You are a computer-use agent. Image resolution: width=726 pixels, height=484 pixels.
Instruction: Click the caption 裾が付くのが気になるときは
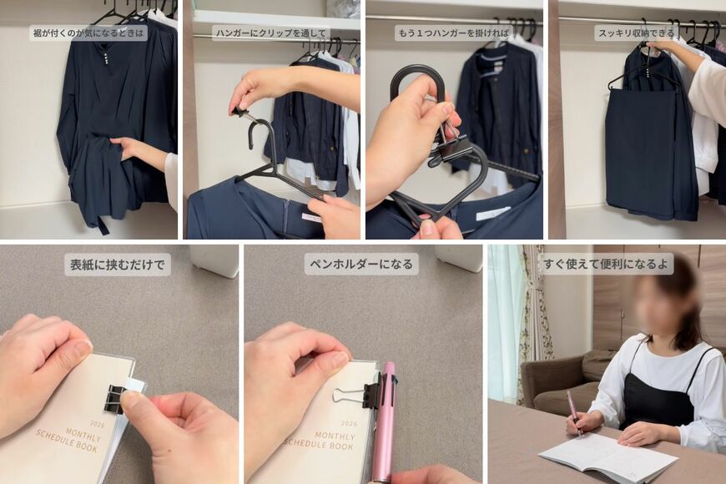click(x=88, y=33)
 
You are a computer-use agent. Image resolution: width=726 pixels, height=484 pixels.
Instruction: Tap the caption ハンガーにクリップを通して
click(x=270, y=33)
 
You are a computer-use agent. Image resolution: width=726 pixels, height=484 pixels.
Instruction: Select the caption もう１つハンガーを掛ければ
click(x=453, y=33)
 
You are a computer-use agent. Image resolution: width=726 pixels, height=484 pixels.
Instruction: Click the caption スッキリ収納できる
click(x=635, y=33)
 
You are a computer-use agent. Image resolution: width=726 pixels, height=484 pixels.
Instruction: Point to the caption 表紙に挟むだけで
click(x=118, y=265)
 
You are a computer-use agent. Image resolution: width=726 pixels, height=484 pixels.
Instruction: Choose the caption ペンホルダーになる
click(x=360, y=265)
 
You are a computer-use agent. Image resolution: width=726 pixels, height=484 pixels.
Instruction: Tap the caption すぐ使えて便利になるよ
click(x=607, y=265)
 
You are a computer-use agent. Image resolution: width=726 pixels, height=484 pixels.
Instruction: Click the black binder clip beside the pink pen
click(x=371, y=391)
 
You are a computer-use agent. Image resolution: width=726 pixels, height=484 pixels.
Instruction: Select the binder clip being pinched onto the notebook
click(x=115, y=398)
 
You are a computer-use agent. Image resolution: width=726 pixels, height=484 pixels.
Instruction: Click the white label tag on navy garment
click(x=492, y=214)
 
